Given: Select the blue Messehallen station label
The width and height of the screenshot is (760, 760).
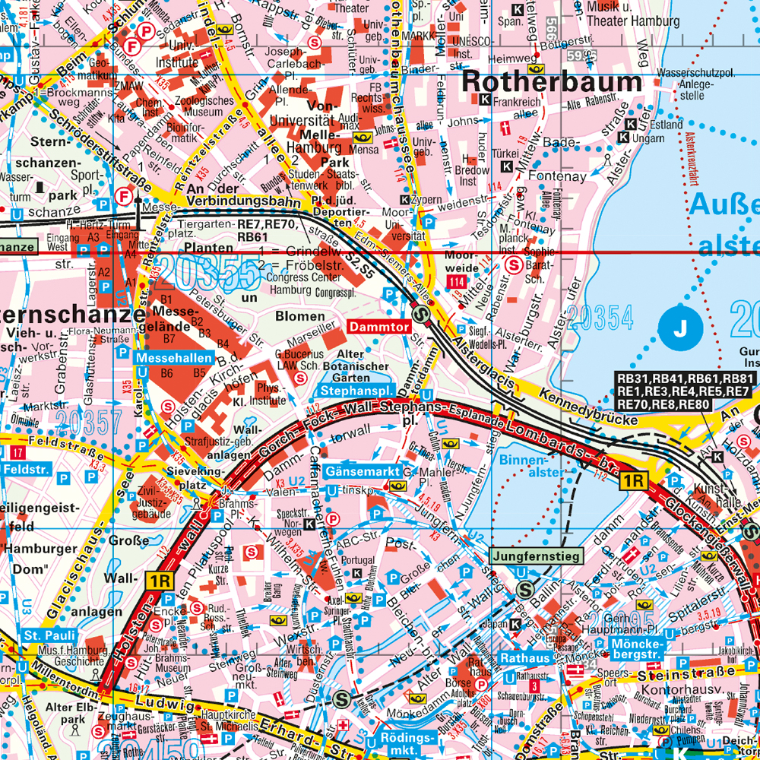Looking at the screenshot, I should tap(164, 357).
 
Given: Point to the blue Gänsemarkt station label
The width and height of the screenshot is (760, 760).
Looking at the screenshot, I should tap(363, 471).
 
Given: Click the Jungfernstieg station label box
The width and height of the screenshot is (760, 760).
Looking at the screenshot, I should tap(537, 556).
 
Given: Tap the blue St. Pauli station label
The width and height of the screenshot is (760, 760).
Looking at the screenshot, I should tap(46, 635).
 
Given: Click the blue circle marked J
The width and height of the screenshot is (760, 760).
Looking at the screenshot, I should tap(682, 328).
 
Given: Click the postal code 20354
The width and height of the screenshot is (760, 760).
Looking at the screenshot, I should tap(600, 318).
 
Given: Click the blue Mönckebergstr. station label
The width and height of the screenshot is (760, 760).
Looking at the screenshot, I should tap(636, 648).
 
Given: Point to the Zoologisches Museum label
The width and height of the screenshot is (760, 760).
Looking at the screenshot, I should tap(204, 106).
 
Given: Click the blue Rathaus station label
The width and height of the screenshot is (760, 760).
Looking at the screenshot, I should tap(524, 657).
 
